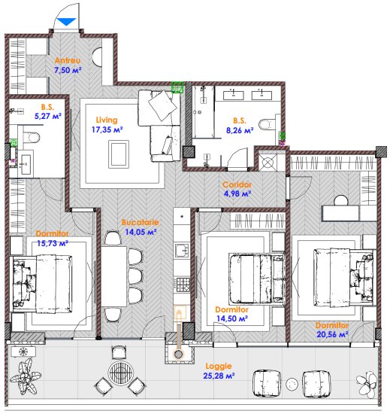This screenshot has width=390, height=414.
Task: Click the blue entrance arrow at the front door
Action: pos(67,21)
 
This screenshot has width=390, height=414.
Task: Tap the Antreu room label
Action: pos(68,60)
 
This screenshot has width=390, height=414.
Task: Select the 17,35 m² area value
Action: pos(107,129)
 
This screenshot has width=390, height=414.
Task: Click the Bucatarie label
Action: pos(141,222)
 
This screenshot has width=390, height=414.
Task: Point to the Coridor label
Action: pos(237,184)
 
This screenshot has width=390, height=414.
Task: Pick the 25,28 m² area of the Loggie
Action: pos(219,376)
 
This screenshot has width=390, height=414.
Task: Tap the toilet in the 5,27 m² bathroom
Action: pos(32,138)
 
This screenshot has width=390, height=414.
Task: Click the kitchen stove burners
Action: pos(183,285)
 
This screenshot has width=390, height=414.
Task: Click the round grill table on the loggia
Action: pos(121,373)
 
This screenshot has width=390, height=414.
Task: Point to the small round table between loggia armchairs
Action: pos(292,384)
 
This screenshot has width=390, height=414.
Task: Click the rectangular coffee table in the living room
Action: pos(119,154)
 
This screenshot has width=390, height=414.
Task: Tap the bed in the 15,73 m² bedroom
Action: pos(41,284)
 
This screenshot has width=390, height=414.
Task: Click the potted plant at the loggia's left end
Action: pos(25,376)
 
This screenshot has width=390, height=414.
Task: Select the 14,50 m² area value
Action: pos(232,318)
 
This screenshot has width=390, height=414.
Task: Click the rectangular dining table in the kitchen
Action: pos(113,276)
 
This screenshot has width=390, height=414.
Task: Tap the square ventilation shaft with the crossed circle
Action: pos(268,163)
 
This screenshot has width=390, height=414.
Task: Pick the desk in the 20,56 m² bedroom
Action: pos(341,213)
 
